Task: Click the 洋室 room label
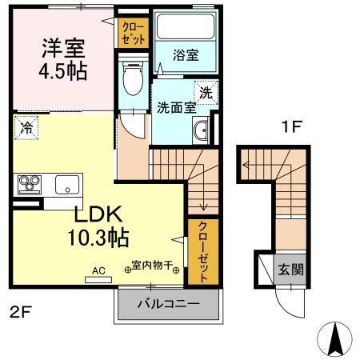click(x=65, y=46)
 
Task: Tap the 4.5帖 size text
click(x=65, y=70)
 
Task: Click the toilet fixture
click(x=134, y=78)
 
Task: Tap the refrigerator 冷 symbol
click(x=26, y=127)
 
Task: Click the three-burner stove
click(x=30, y=185)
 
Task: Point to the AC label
click(x=99, y=270)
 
